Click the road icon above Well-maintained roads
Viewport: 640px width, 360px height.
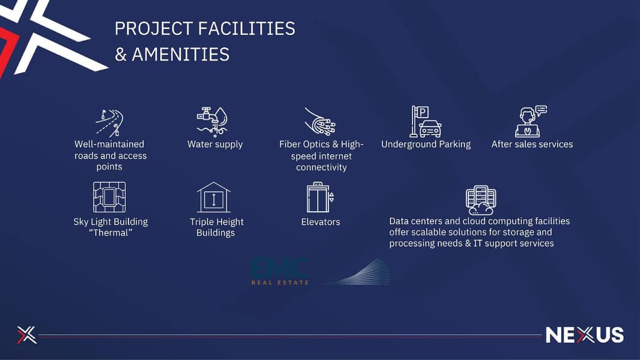pos(109,122)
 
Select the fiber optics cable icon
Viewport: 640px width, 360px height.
pos(320,122)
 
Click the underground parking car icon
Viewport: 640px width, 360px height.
pos(426,122)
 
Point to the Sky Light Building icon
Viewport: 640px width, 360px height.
pos(109,197)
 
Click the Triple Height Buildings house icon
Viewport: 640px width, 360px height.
pos(214,197)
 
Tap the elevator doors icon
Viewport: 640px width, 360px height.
pos(320,197)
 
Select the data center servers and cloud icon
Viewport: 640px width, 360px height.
pos(480,200)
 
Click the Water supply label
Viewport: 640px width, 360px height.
pos(215,144)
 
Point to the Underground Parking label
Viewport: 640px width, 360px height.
pos(426,144)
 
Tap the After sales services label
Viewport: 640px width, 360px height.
pos(532,144)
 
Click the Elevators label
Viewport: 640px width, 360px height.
pos(321,221)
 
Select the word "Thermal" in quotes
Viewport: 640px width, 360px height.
pos(110,233)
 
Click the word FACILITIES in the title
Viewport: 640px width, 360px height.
pos(247,29)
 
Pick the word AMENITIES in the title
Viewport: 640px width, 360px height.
pos(180,55)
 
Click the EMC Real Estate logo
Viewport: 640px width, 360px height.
pos(280,271)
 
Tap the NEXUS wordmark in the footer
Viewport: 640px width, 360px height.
pos(584,335)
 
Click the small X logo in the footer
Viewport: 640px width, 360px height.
pos(27,335)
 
